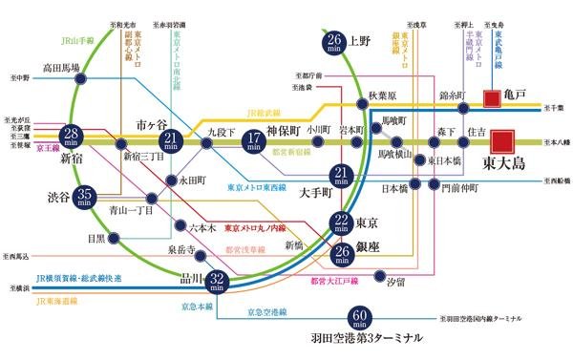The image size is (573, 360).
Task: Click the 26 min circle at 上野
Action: pos(334,41)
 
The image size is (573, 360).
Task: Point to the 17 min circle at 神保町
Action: pos(254,141)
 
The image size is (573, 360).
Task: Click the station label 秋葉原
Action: pos(381,96)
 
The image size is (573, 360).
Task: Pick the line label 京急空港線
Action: pos(267,312)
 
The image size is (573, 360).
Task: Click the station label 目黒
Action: pos(95,238)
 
